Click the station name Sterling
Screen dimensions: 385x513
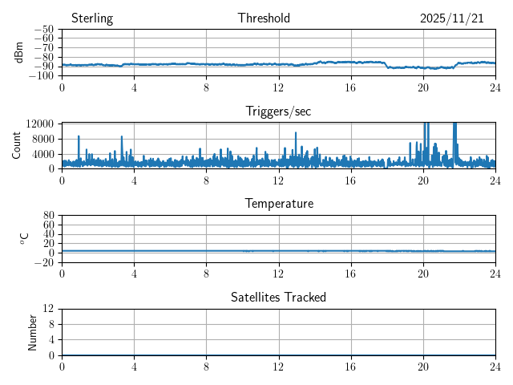point(91,18)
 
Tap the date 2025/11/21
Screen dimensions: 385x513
point(452,18)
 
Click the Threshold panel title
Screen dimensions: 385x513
point(264,18)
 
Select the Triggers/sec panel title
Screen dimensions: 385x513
point(278,111)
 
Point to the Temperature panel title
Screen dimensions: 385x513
point(278,204)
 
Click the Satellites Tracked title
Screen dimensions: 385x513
point(278,297)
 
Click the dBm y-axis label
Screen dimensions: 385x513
point(19,52)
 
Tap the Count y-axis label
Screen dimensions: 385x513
point(16,145)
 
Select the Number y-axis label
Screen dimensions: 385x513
point(33,331)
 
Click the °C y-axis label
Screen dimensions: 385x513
point(24,238)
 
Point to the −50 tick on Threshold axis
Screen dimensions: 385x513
point(44,30)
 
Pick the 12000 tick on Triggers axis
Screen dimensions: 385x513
point(40,124)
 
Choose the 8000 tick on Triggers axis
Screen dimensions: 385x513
point(42,138)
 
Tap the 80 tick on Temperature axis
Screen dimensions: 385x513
point(48,216)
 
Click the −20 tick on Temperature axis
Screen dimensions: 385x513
point(44,262)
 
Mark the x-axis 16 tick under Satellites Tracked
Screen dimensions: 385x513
point(350,366)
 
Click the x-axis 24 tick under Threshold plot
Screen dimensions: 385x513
point(495,87)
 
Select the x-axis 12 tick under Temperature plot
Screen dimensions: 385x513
point(278,273)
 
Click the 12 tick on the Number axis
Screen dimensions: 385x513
point(48,309)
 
